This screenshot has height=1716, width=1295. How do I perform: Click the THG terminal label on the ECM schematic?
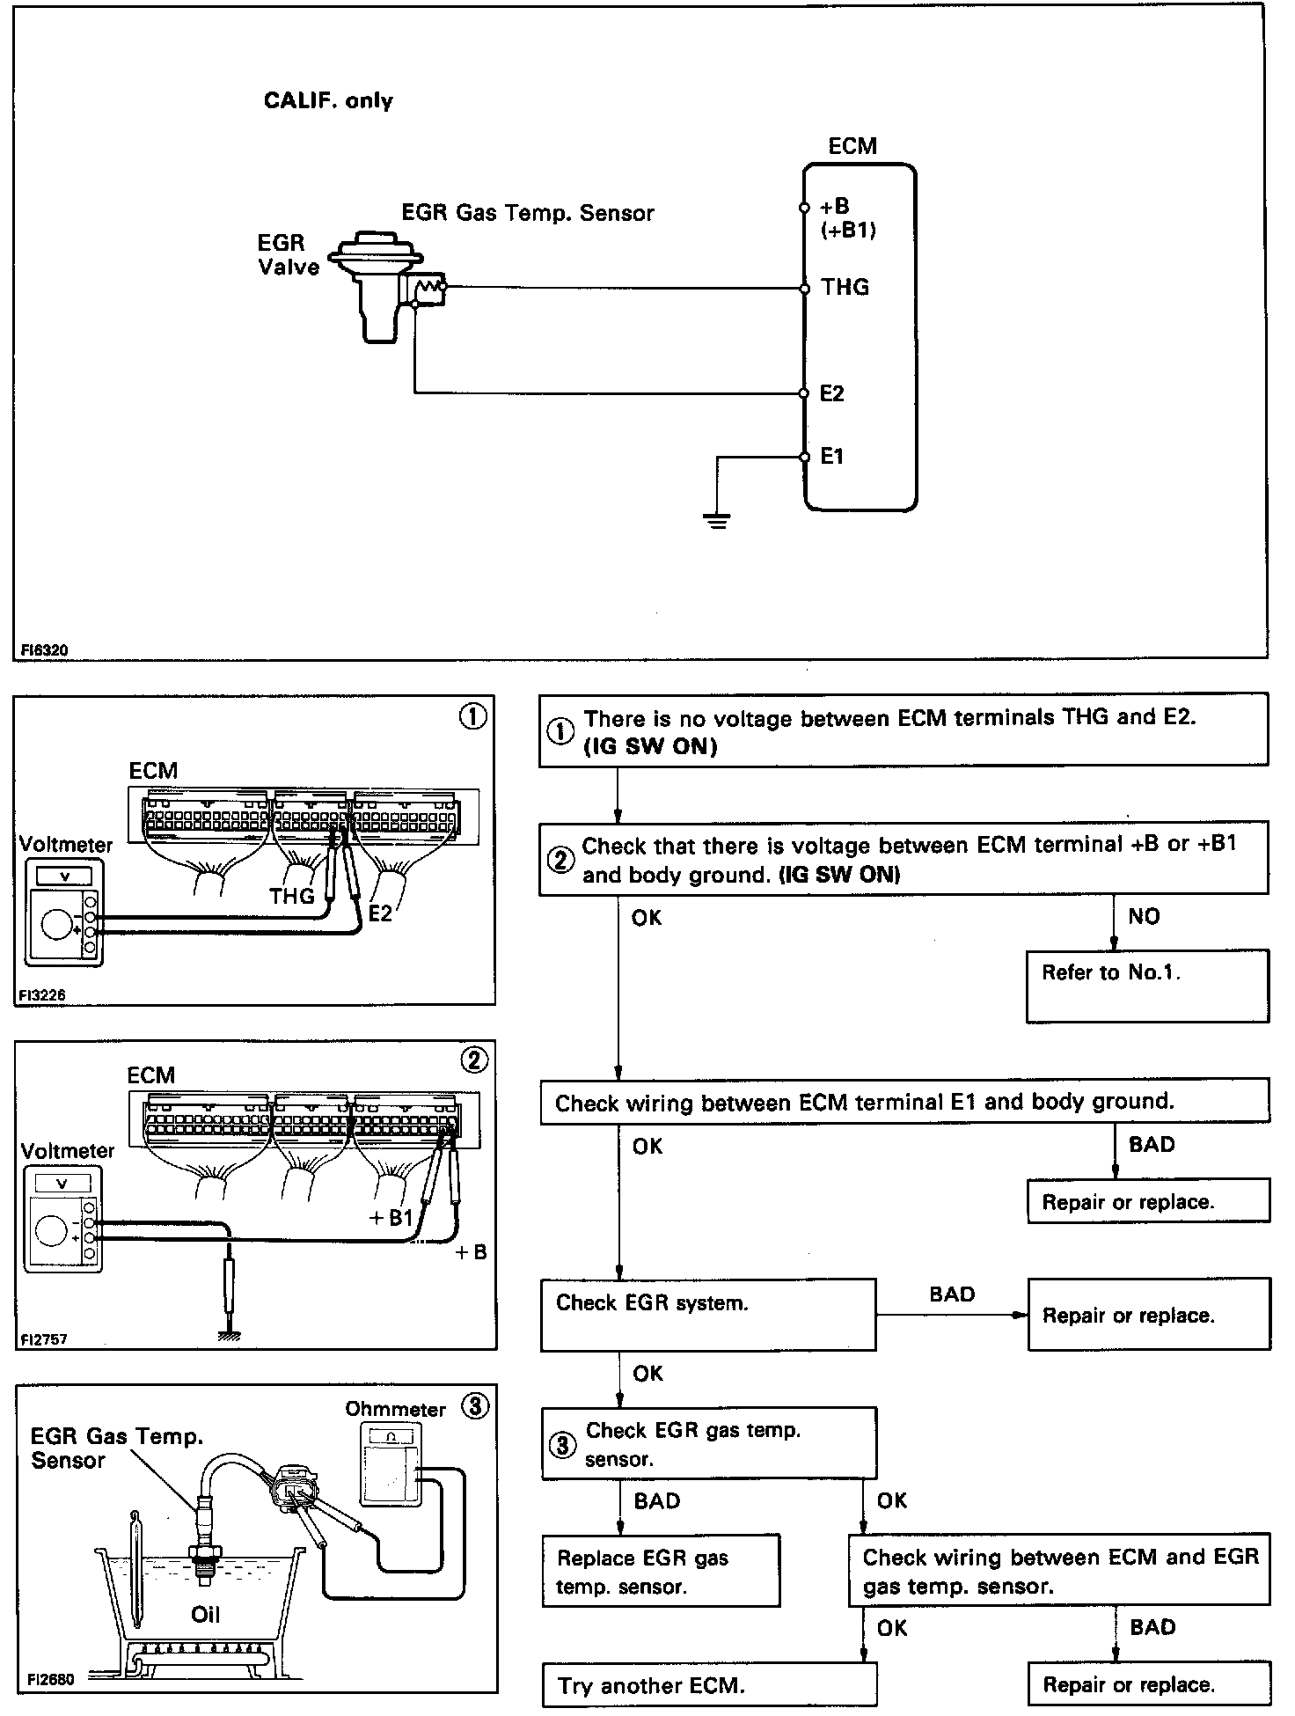click(x=845, y=287)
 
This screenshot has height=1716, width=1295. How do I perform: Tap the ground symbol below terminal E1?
click(x=718, y=520)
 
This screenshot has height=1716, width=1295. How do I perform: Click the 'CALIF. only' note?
click(x=328, y=100)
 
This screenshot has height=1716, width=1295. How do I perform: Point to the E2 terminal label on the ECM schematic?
click(x=831, y=393)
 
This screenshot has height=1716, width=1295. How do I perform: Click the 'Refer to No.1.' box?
click(x=1146, y=985)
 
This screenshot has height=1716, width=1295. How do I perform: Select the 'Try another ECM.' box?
click(x=709, y=1685)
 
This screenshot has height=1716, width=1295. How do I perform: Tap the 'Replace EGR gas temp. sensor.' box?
click(x=660, y=1571)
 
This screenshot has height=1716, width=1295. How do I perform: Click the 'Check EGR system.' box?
click(x=707, y=1314)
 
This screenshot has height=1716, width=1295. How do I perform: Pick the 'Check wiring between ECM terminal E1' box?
click(x=904, y=1102)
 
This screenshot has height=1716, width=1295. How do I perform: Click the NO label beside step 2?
click(x=1144, y=916)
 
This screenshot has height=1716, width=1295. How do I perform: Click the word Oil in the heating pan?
click(x=205, y=1614)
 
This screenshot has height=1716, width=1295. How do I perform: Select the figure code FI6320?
click(x=45, y=650)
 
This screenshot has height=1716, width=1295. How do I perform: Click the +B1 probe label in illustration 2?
click(x=391, y=1217)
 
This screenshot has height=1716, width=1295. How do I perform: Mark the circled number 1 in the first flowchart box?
click(x=560, y=731)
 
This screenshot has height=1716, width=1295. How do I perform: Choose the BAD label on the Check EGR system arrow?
click(x=952, y=1294)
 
